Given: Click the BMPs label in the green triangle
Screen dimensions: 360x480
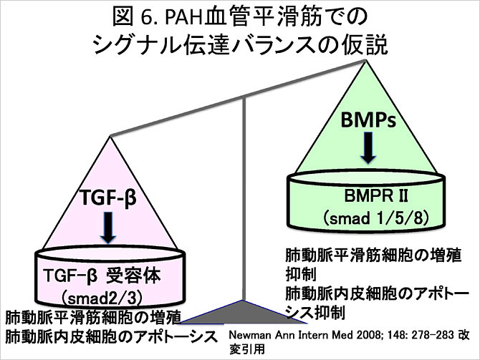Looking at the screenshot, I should pyautogui.click(x=365, y=121).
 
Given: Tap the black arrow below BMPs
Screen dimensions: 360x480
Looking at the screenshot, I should pyautogui.click(x=366, y=148).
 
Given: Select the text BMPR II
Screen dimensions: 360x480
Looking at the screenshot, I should pyautogui.click(x=366, y=195).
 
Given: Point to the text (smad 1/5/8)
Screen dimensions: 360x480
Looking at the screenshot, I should pyautogui.click(x=368, y=217).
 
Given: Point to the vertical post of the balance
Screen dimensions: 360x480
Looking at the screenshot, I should pyautogui.click(x=246, y=200).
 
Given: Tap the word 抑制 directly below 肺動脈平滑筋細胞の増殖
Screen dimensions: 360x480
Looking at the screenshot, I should pyautogui.click(x=300, y=274).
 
